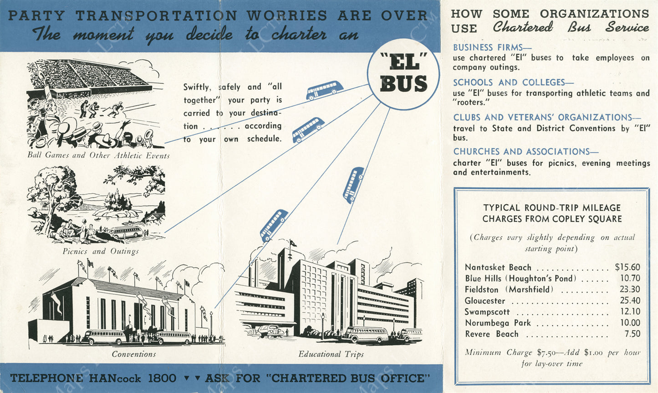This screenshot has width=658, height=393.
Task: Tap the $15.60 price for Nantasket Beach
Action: [x=627, y=267]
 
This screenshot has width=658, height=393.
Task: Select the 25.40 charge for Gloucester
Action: [x=629, y=300]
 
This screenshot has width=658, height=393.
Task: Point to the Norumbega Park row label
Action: [x=497, y=323]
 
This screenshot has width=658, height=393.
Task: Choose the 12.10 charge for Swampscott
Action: [x=629, y=311]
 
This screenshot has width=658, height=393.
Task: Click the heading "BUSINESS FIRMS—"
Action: [x=492, y=47]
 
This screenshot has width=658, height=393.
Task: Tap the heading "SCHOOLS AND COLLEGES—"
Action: [x=513, y=83]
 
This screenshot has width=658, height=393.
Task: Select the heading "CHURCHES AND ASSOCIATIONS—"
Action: [x=525, y=151]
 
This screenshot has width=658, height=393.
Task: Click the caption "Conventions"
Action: [x=134, y=354]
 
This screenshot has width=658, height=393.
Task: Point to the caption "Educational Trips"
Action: [x=331, y=354]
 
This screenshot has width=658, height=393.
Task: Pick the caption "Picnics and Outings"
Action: [x=101, y=251]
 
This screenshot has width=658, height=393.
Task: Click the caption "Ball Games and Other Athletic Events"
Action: [x=98, y=155]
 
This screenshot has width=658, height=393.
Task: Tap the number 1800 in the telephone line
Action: [x=162, y=378]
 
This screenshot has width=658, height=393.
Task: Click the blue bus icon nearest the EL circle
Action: [x=325, y=90]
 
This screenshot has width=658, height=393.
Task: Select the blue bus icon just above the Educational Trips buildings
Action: [x=274, y=225]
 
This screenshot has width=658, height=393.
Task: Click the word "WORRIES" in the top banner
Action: [x=287, y=15]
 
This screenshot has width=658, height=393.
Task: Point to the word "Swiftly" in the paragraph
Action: [x=197, y=87]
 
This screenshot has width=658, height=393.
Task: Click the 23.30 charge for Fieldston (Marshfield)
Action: [x=629, y=289]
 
